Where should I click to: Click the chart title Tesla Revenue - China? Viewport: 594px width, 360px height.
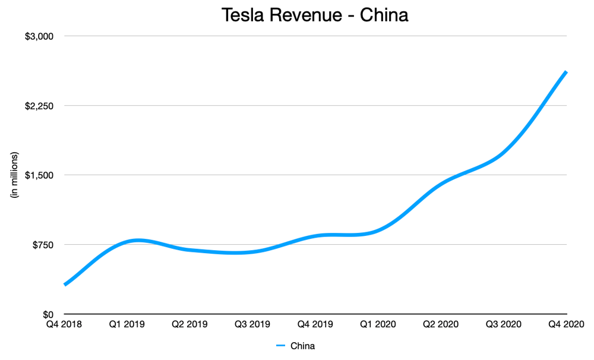tap(315, 15)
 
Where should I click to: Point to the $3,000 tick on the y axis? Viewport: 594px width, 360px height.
tap(39, 36)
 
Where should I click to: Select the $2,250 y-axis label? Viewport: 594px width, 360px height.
tap(39, 106)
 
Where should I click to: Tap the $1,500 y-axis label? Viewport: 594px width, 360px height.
tap(39, 175)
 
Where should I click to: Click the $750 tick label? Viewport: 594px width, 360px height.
tap(43, 245)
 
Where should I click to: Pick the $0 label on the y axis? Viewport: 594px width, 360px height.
tap(48, 314)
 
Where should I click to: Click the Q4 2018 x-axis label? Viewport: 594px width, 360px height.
tap(64, 324)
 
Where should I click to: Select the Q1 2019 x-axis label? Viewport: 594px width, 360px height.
tap(127, 324)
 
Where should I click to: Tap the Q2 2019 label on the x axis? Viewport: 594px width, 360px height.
tap(190, 324)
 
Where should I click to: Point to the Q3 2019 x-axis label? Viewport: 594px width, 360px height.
tap(252, 324)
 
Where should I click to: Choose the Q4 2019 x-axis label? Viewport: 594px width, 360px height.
tap(315, 324)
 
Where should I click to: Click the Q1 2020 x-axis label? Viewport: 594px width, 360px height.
tap(378, 324)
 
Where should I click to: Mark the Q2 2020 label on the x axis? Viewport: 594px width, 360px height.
tap(441, 324)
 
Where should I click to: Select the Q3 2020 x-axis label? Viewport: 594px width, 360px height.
tap(504, 324)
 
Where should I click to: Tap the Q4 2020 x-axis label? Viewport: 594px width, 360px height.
tap(566, 324)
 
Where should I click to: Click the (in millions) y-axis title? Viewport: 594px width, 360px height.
tap(14, 175)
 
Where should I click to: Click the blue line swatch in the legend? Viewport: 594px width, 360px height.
tap(280, 346)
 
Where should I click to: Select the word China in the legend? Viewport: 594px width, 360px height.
tap(303, 346)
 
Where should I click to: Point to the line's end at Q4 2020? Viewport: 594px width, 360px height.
tap(566, 72)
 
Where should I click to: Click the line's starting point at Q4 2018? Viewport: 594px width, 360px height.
tap(65, 285)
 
